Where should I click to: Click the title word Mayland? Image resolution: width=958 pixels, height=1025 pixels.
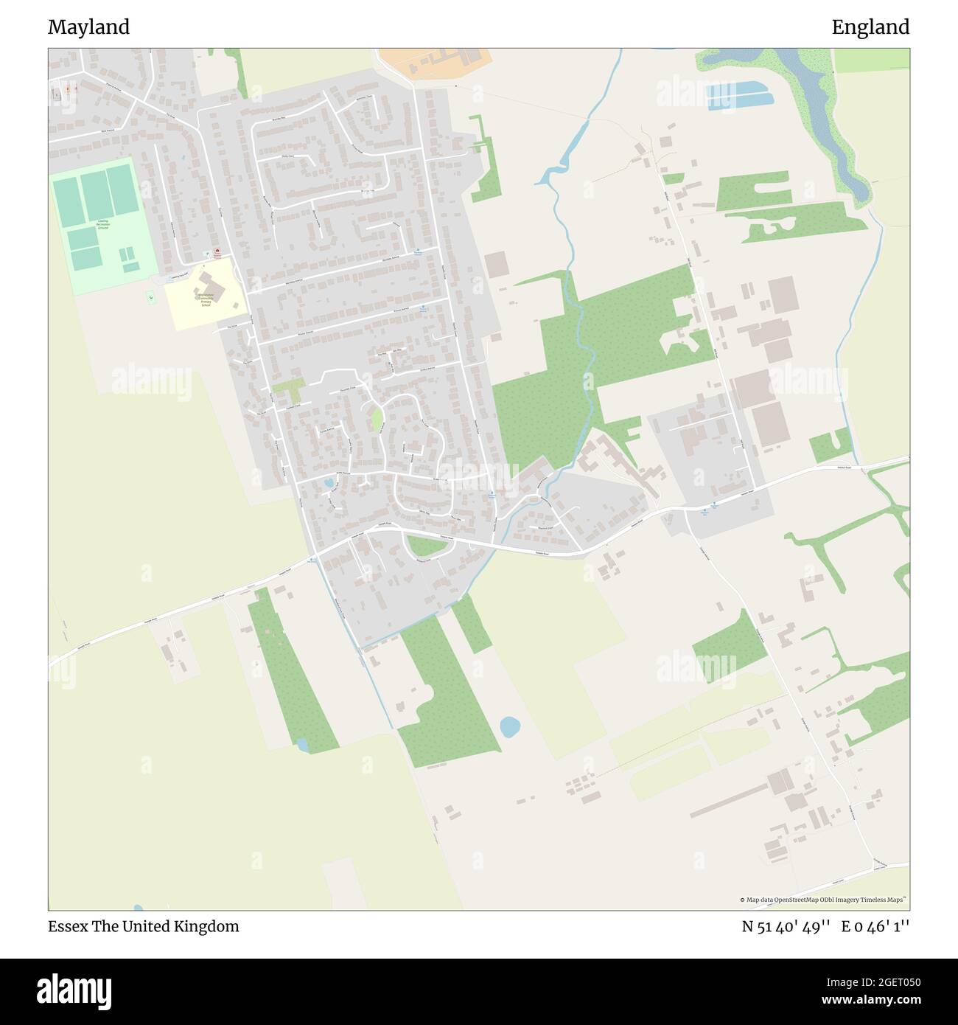88,27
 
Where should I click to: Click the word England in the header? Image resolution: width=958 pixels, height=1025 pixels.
870,27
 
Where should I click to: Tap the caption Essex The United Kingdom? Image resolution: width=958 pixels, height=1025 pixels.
144,926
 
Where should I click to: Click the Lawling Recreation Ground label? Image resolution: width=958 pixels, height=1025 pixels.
102,224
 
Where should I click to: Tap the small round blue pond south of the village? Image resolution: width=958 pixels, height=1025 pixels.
509,727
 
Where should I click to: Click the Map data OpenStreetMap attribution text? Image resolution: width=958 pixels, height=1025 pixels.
823,900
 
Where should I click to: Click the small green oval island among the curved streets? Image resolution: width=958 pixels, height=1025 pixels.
377,420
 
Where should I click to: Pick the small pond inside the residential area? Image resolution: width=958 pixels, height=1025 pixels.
328,483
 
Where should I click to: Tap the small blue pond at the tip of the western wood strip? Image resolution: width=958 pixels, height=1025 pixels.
301,744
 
